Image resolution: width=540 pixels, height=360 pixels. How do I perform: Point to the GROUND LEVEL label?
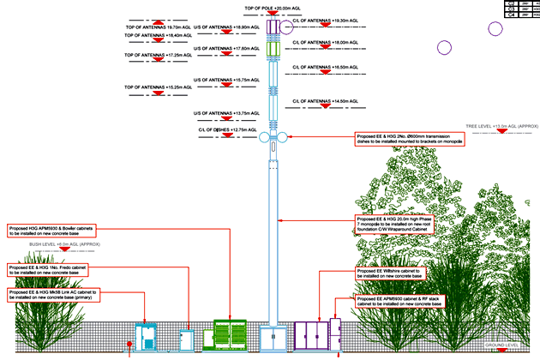click(x=502, y=345)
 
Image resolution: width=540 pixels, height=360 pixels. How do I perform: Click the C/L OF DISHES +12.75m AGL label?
click(x=227, y=130)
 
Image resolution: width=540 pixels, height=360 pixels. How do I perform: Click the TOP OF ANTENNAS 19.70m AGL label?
click(x=155, y=27)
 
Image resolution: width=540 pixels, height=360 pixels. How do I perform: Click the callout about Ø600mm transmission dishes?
click(x=409, y=139)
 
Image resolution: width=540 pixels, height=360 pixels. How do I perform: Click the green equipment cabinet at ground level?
click(x=229, y=335)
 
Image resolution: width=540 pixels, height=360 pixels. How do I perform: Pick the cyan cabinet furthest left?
click(x=147, y=337)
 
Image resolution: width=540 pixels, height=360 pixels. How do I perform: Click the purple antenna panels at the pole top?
click(x=273, y=27)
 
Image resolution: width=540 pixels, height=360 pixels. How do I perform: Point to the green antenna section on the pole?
click(x=273, y=51)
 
